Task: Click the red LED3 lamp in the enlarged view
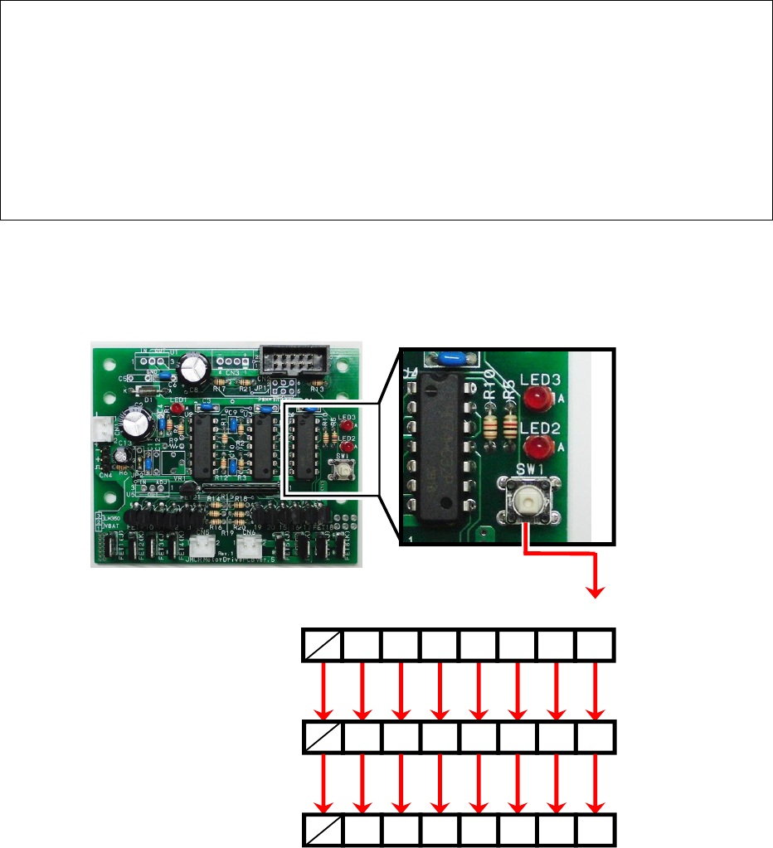[x=540, y=401]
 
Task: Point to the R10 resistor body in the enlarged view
[x=491, y=425]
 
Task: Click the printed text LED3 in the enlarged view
[x=541, y=380]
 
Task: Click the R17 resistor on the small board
[x=220, y=384]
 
